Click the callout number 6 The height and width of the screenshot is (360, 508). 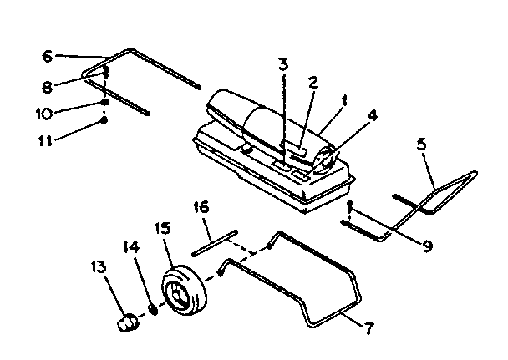click(x=47, y=56)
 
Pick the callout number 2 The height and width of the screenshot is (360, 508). click(x=313, y=82)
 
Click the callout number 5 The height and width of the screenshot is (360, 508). click(x=423, y=144)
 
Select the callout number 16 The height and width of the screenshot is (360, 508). click(x=202, y=206)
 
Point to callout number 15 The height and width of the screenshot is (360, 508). click(x=163, y=228)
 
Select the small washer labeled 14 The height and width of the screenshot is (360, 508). click(x=153, y=308)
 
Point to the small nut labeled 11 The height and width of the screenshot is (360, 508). click(x=104, y=120)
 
